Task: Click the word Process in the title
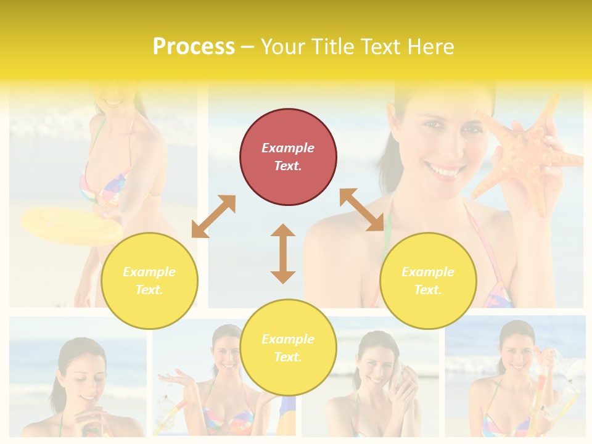click(x=194, y=47)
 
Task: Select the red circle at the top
click(x=288, y=157)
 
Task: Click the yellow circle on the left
click(x=149, y=281)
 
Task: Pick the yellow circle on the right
click(x=428, y=281)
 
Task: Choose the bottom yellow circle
click(x=288, y=348)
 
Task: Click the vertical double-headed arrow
click(x=283, y=253)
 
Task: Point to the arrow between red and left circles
click(x=213, y=216)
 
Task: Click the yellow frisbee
click(x=71, y=225)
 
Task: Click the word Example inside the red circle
click(x=288, y=148)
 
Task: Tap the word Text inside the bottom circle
click(x=287, y=357)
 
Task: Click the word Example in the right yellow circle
click(x=428, y=272)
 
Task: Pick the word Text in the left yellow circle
click(x=149, y=290)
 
